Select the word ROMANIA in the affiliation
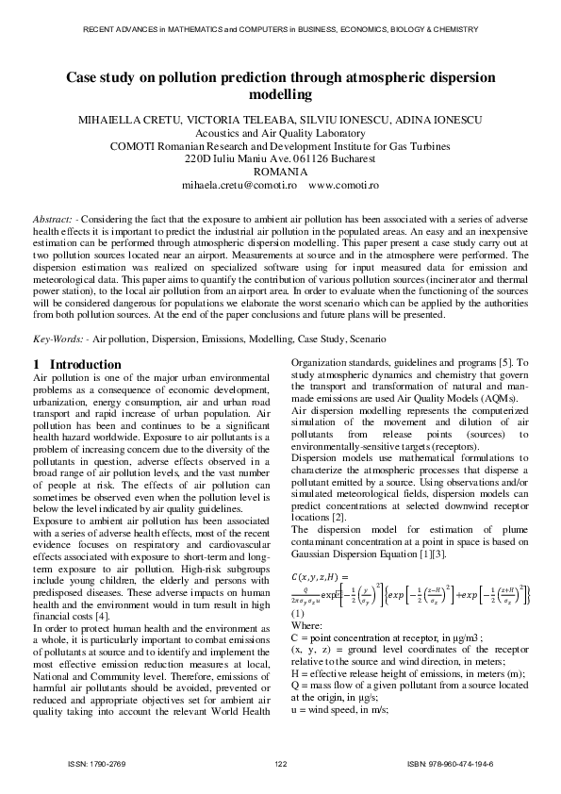coord(280,173)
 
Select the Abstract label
coord(53,218)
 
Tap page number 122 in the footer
coord(280,762)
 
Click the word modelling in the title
coord(280,95)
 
